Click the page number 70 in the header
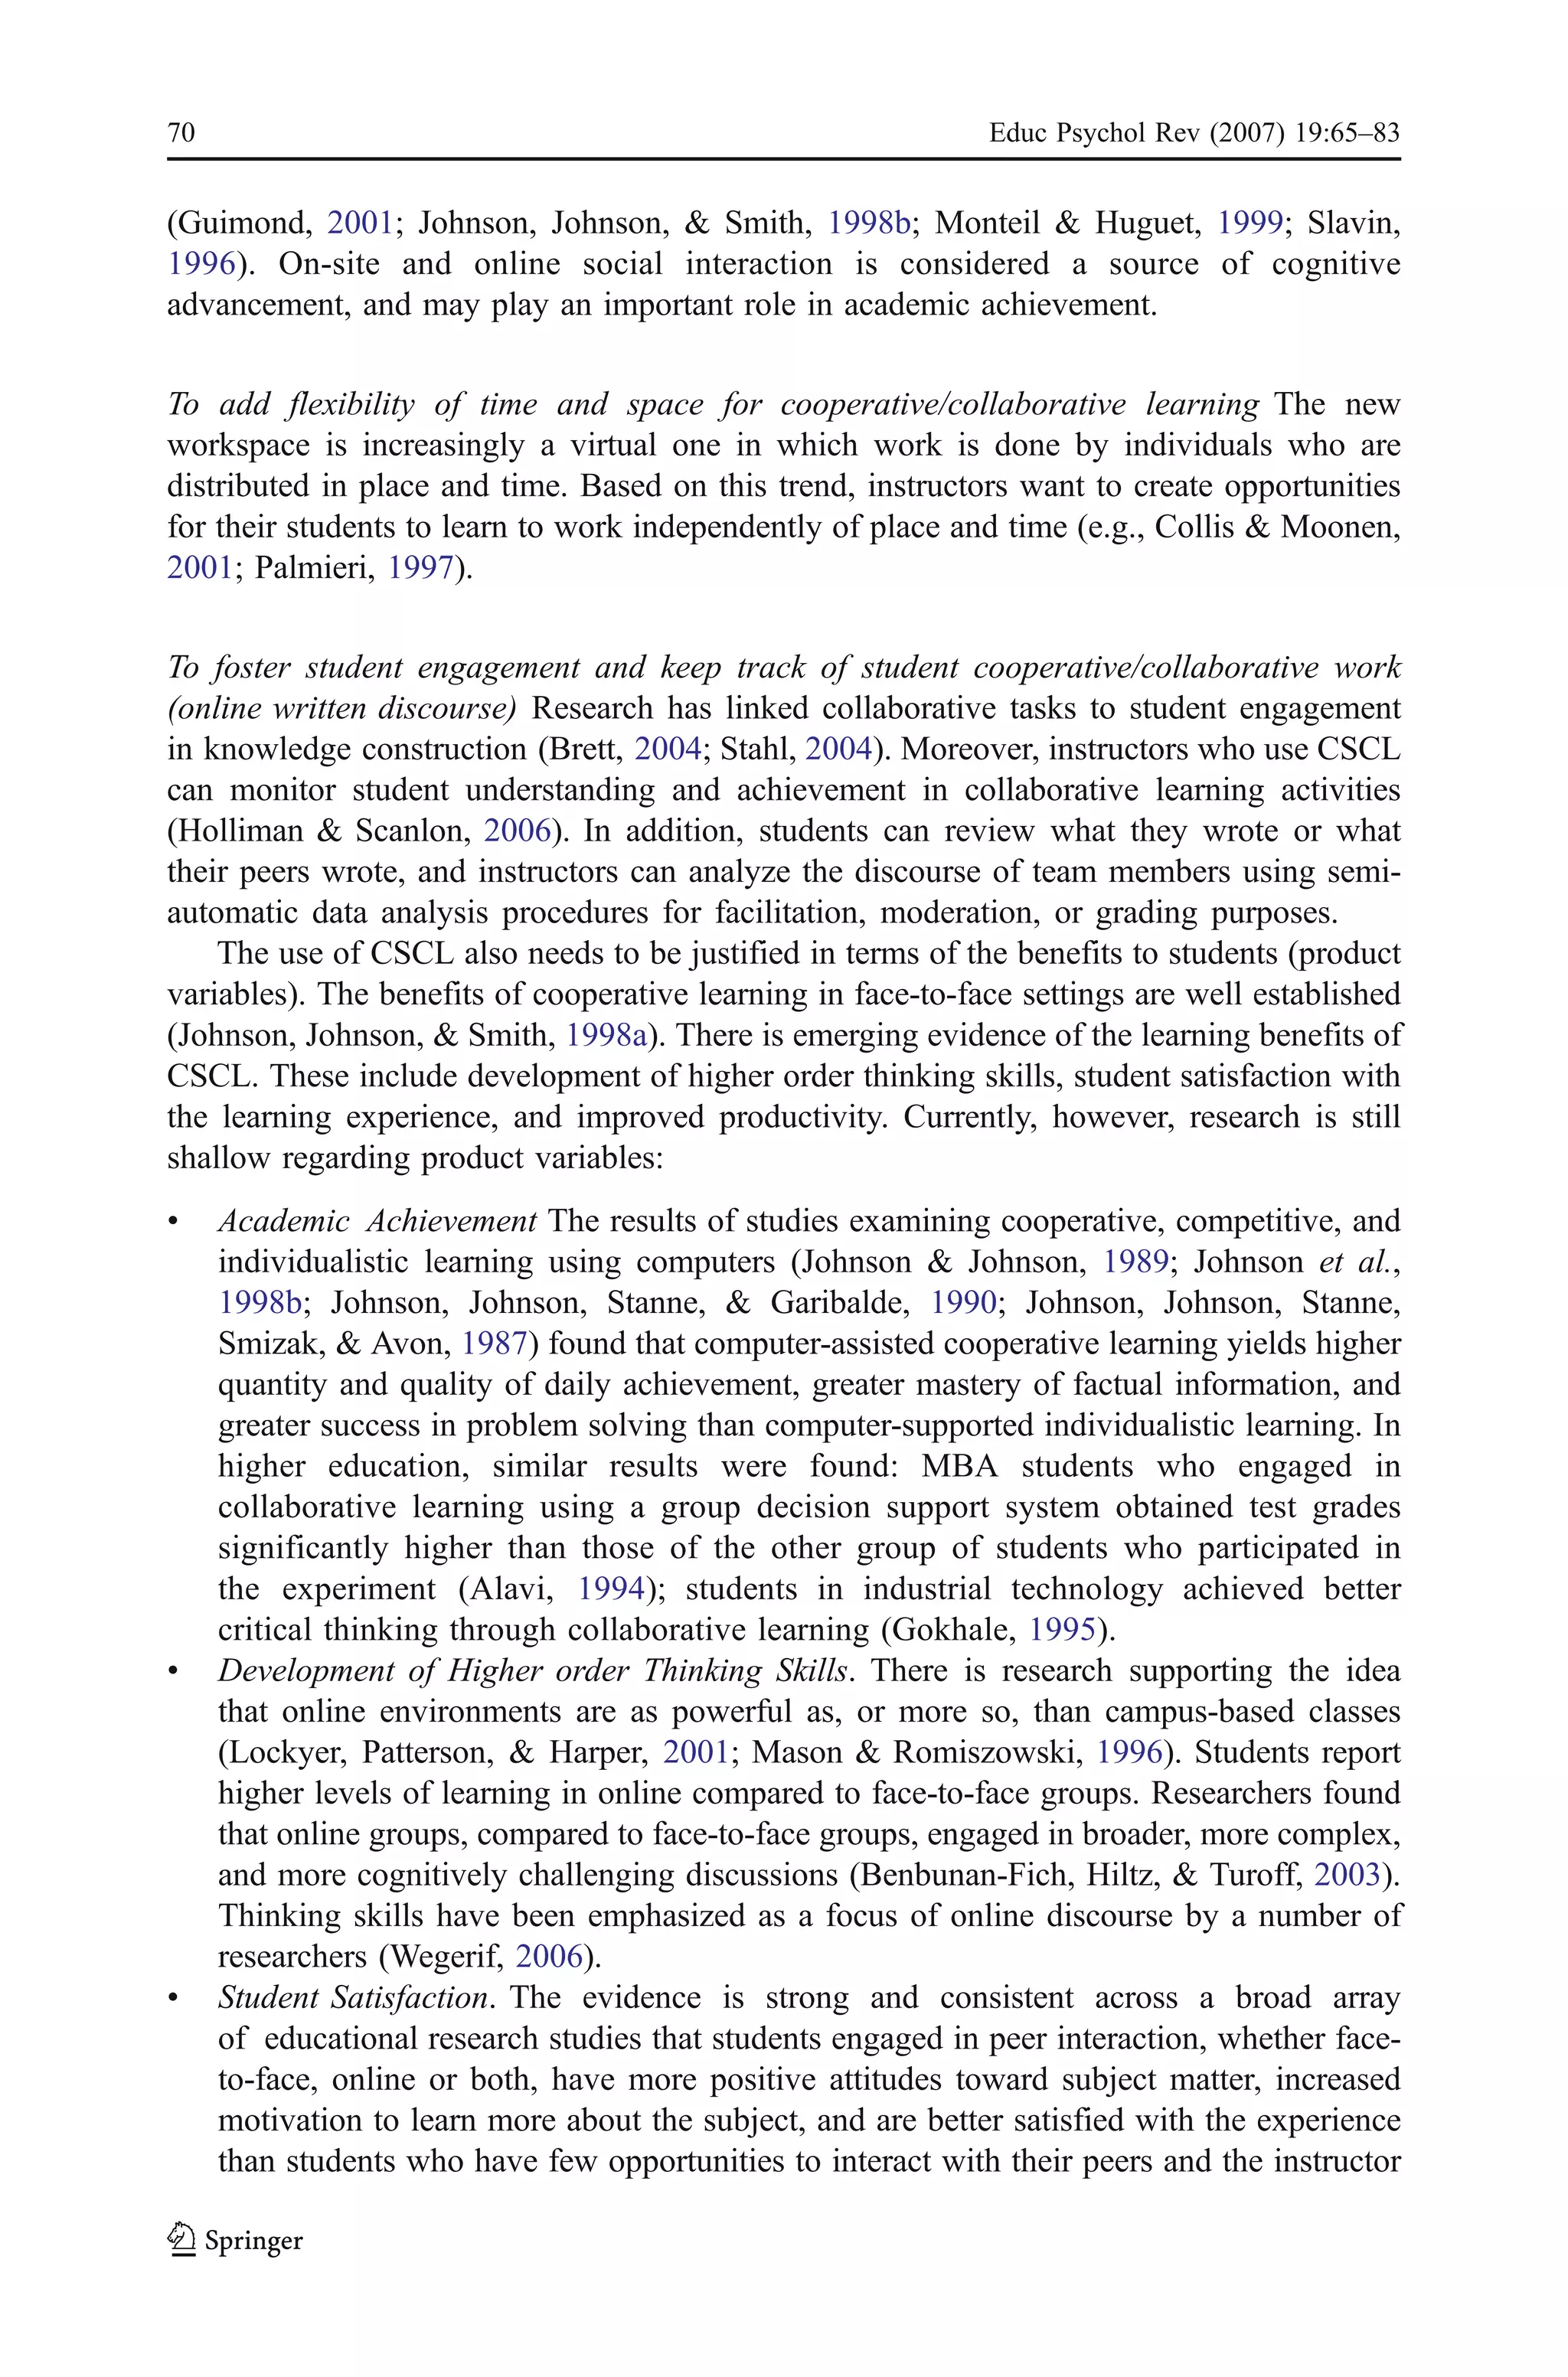click(x=181, y=133)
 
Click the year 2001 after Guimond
click(x=360, y=223)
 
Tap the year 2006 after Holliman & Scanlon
click(x=517, y=831)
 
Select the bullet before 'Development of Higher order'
click(x=174, y=1671)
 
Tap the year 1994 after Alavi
click(x=610, y=1588)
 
